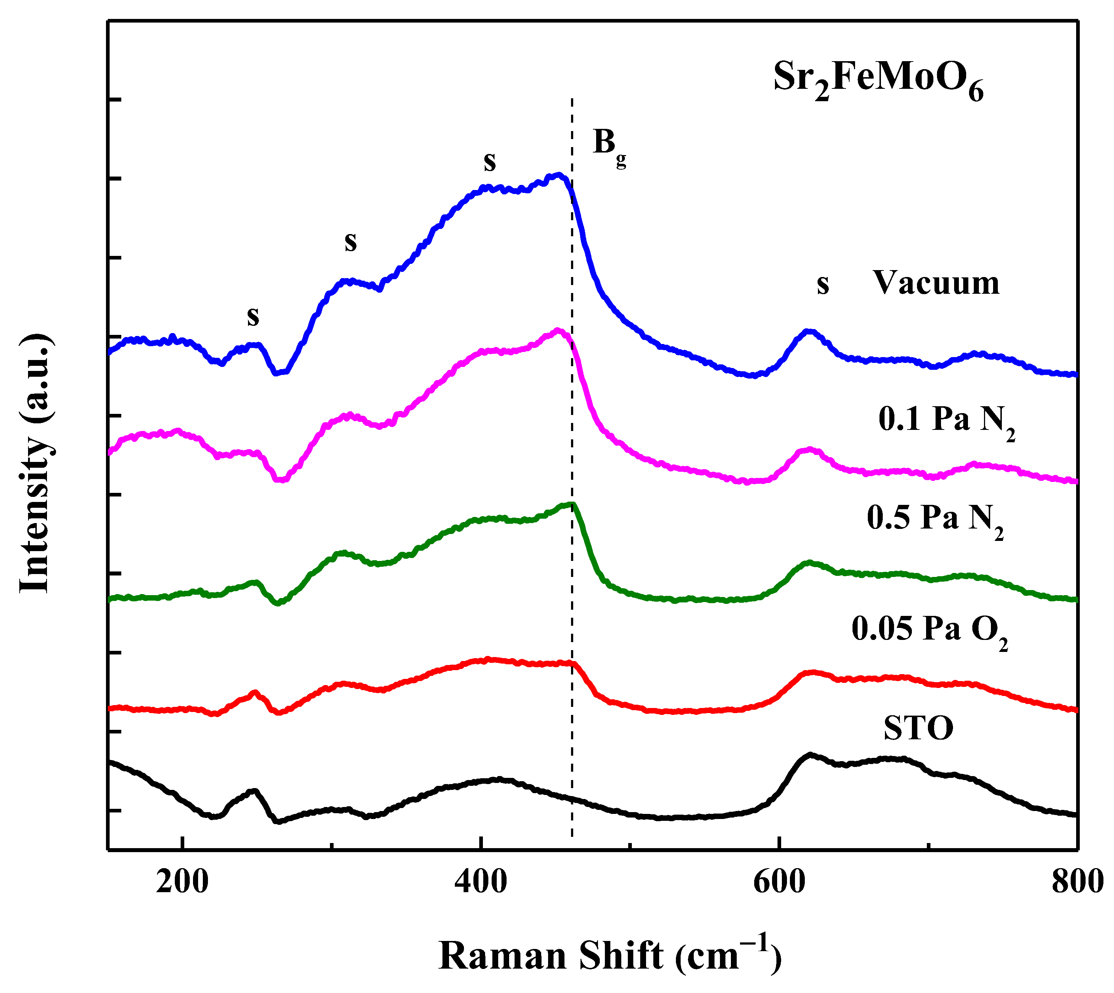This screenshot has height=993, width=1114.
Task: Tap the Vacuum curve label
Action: coord(936,284)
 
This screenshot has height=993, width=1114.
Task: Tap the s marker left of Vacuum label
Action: coord(823,285)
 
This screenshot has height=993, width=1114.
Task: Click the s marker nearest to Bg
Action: coord(489,162)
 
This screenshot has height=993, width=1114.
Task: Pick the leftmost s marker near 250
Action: coord(253,316)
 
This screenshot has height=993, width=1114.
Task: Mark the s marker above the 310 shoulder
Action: coord(350,241)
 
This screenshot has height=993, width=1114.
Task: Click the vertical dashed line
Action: coord(571,436)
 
